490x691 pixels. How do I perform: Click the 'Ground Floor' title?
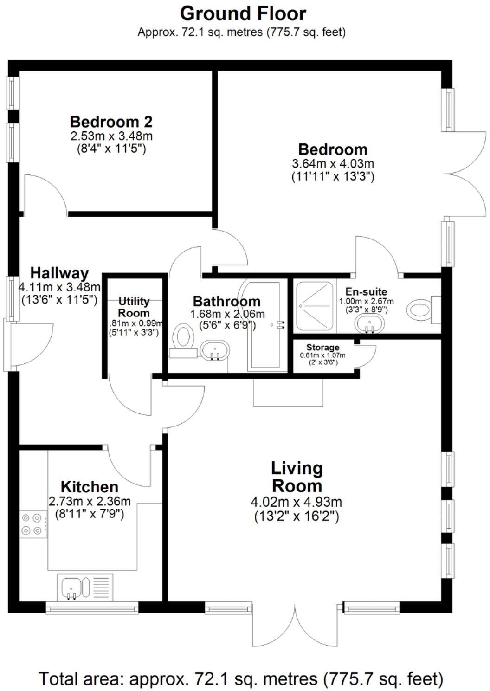(243, 13)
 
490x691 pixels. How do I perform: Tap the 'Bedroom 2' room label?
(111, 122)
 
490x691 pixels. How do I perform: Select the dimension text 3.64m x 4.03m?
(333, 163)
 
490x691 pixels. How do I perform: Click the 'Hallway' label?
(59, 273)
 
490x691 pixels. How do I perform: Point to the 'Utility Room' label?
(134, 307)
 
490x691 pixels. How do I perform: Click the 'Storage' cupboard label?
(322, 347)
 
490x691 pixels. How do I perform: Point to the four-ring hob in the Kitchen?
(33, 524)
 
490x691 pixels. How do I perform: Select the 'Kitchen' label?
(90, 487)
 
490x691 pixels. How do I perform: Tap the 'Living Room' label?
(297, 477)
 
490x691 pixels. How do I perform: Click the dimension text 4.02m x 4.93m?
(297, 502)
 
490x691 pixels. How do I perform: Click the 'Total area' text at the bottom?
(241, 679)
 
